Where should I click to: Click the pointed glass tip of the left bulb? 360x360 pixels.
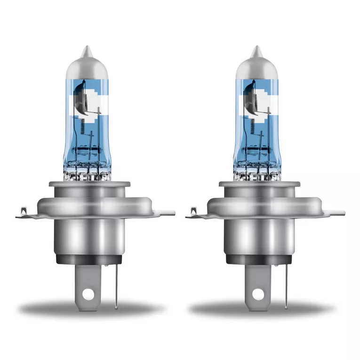pyautogui.click(x=85, y=50)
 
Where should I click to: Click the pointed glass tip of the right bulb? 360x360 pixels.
pyautogui.click(x=256, y=50)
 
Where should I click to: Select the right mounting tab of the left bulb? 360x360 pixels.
pyautogui.click(x=165, y=213)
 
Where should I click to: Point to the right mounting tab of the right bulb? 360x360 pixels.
pyautogui.click(x=335, y=213)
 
